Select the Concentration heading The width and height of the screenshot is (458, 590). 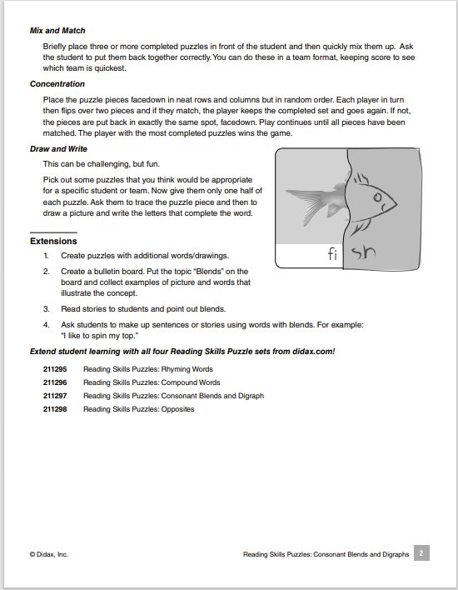click(57, 84)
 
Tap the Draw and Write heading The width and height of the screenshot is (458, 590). click(58, 149)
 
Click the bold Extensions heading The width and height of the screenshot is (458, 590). click(53, 241)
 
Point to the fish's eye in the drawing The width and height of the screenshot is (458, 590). click(378, 197)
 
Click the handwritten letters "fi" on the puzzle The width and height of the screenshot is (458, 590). click(333, 254)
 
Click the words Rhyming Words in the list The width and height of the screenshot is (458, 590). click(191, 369)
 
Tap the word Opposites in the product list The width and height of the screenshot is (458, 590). click(178, 409)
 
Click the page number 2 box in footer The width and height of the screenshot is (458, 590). click(421, 553)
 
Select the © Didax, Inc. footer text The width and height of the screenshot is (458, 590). click(48, 554)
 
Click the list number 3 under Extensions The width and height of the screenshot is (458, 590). click(47, 309)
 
